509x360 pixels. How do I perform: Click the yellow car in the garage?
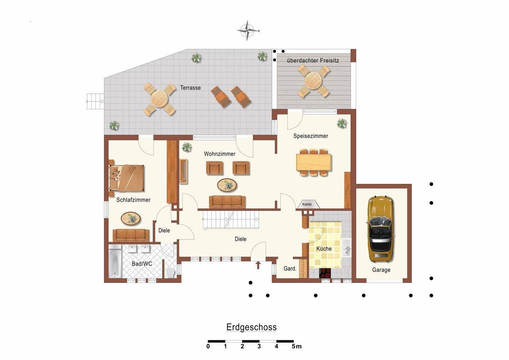[x=380, y=230]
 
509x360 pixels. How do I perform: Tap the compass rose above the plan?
[x=247, y=30]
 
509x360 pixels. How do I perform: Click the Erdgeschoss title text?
[x=251, y=327]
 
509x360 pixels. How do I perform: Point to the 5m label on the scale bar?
[x=297, y=346]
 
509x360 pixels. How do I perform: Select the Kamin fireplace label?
[x=307, y=204]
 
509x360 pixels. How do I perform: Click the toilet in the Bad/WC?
[x=171, y=273]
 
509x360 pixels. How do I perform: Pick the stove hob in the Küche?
[x=325, y=273]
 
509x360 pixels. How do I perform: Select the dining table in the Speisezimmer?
[x=314, y=162]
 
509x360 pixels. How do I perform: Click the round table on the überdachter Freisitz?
[x=313, y=81]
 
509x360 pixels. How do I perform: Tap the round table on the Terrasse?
[x=159, y=99]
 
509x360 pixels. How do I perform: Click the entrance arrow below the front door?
[x=258, y=265]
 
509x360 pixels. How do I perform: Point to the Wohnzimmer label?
[x=220, y=154]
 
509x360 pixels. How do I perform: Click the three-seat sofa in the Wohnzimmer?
[x=227, y=202]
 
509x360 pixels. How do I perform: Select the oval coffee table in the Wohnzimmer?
[x=227, y=185]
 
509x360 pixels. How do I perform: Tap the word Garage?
[x=381, y=270]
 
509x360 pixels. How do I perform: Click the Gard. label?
[x=290, y=269]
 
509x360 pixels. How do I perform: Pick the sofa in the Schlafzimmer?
[x=131, y=235]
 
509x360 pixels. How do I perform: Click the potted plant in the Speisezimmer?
[x=342, y=123]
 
